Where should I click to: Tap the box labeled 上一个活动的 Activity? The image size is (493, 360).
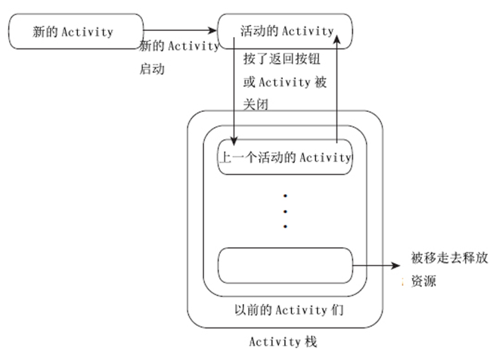click(284, 157)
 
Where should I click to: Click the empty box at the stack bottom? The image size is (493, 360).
click(284, 265)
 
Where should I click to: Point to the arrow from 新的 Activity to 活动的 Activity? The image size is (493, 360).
click(181, 32)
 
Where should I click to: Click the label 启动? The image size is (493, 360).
click(152, 69)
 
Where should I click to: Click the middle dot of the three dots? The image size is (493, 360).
click(285, 211)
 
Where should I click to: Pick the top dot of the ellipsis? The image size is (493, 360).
click(285, 196)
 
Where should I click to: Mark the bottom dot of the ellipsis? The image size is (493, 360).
click(285, 226)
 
